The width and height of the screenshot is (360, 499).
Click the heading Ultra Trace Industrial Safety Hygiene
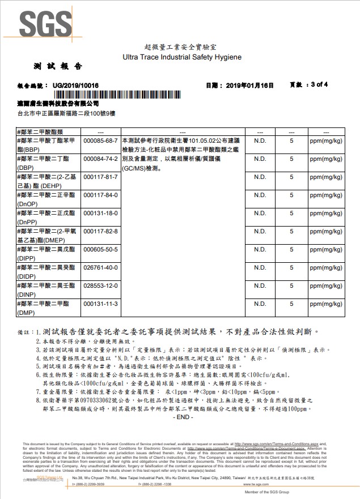(182, 57)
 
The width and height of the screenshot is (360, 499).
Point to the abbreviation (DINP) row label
(27, 294)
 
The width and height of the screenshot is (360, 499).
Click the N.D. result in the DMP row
(260, 304)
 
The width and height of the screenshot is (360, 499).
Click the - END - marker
(182, 417)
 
